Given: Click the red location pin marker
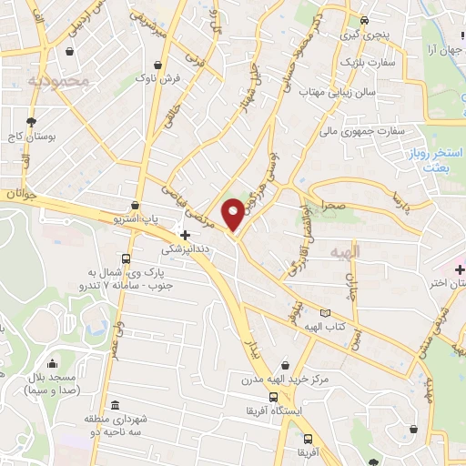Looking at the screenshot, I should (x=234, y=214).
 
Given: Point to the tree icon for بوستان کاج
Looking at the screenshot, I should (x=32, y=121).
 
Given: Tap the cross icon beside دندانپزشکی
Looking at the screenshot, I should (x=185, y=234).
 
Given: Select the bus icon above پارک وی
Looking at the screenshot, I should (x=125, y=258).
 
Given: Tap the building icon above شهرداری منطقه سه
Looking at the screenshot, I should (x=115, y=405).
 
